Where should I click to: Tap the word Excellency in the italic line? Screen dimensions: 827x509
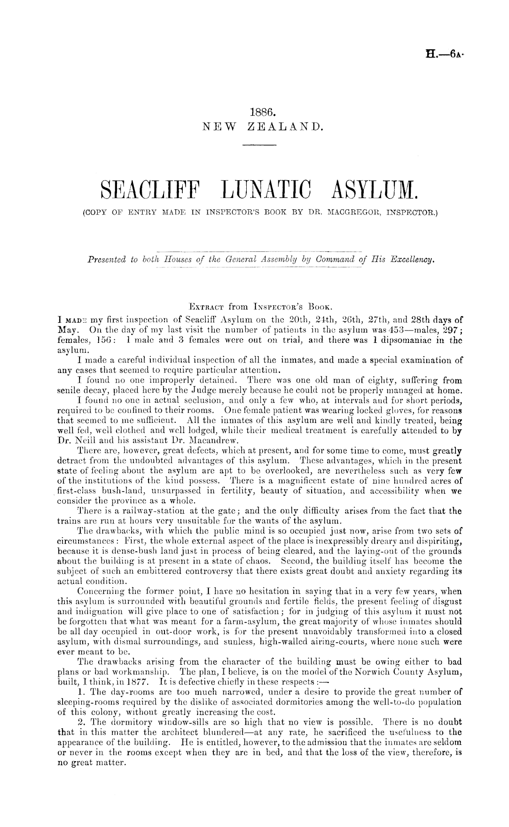pos(411,260)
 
